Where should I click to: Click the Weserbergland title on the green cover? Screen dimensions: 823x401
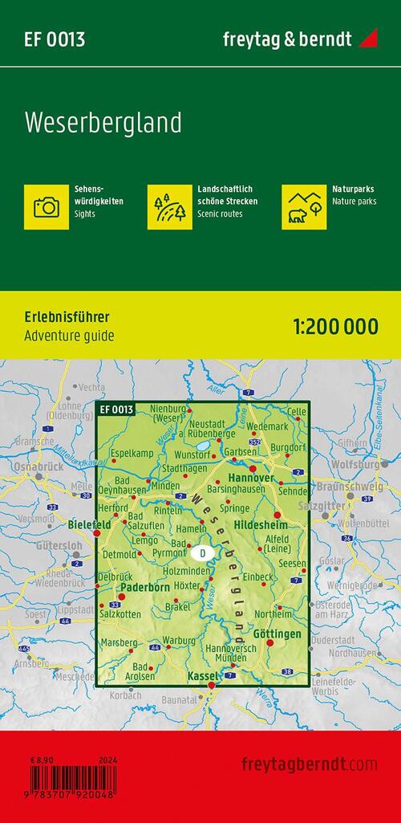point(103,123)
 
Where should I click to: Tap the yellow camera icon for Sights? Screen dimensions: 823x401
point(47,206)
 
